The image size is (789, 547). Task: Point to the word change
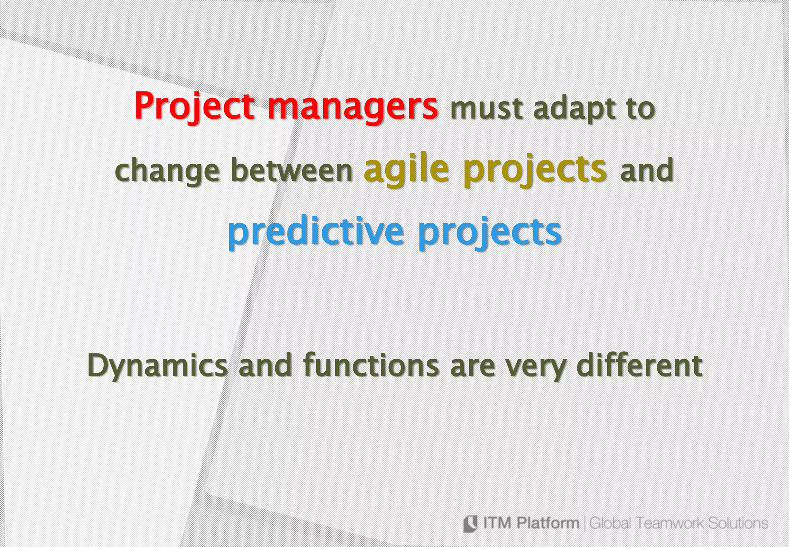(x=168, y=172)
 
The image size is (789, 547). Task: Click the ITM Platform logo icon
(x=470, y=523)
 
